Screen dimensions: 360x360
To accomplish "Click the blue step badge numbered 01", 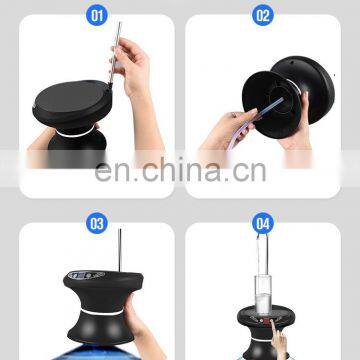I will pyautogui.click(x=96, y=16).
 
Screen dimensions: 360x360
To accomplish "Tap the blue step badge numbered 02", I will pyautogui.click(x=263, y=16).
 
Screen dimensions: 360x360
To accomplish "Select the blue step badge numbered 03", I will pyautogui.click(x=96, y=224).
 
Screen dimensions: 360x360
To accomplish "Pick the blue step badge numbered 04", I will pyautogui.click(x=263, y=224).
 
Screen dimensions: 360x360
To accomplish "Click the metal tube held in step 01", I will pyautogui.click(x=117, y=60).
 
